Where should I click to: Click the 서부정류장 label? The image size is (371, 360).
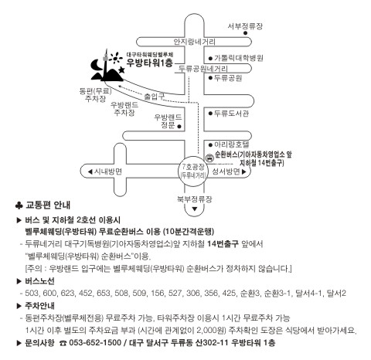pyautogui.click(x=245, y=26)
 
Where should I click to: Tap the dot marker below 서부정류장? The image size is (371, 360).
pyautogui.click(x=246, y=33)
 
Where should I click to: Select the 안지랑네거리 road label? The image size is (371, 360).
pyautogui.click(x=194, y=42)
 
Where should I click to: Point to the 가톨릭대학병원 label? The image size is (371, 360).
pyautogui.click(x=239, y=58)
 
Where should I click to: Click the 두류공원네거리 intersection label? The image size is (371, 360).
pyautogui.click(x=203, y=69)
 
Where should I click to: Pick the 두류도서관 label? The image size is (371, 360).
pyautogui.click(x=232, y=113)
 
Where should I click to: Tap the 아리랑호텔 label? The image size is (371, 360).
pyautogui.click(x=232, y=144)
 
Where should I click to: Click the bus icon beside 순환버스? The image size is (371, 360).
pyautogui.click(x=210, y=158)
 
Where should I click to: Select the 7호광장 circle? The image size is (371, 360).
pyautogui.click(x=193, y=171)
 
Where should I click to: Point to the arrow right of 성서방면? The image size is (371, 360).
pyautogui.click(x=244, y=172)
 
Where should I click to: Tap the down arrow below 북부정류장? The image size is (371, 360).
pyautogui.click(x=195, y=209)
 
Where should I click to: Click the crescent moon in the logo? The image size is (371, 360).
pyautogui.click(x=96, y=66)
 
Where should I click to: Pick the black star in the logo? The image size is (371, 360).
pyautogui.click(x=121, y=70)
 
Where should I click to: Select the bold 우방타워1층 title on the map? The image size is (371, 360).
pyautogui.click(x=150, y=63)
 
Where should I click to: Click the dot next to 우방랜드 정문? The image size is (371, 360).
pyautogui.click(x=179, y=127)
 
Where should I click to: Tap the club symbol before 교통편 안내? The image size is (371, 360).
pyautogui.click(x=19, y=205)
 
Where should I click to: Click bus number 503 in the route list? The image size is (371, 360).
pyautogui.click(x=32, y=293)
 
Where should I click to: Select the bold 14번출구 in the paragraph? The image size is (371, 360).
pyautogui.click(x=223, y=244)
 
